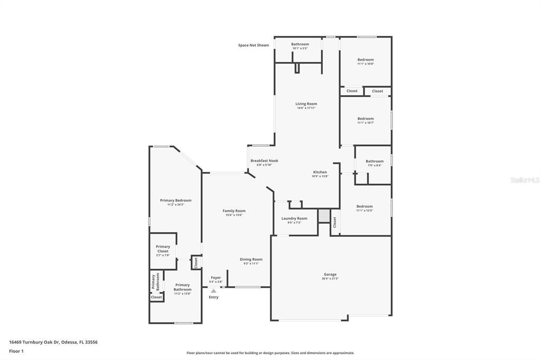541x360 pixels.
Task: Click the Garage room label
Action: coord(330,274)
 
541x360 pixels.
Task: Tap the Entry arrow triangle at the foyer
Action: coord(213,291)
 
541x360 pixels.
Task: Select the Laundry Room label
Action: coord(294,218)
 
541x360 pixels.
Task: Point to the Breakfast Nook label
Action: coord(264,160)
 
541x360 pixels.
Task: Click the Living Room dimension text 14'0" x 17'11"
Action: coord(306,108)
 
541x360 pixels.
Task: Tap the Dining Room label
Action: coord(251,259)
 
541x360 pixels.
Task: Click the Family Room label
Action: coord(234,211)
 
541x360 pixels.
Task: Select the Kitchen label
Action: coord(320,172)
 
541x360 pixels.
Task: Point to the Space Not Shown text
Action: coord(254,45)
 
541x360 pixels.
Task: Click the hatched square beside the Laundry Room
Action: coord(323,216)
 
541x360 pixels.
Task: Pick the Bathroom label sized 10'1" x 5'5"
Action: coord(300,44)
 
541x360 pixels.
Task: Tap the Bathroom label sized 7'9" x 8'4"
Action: coord(375,161)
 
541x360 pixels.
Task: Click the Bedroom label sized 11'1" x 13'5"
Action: coord(365,206)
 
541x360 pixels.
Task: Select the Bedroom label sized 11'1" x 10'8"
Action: coord(366,60)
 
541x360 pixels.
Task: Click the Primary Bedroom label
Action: coord(175,200)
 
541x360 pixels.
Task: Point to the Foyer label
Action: coord(216,277)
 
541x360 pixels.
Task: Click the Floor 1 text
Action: coord(16,351)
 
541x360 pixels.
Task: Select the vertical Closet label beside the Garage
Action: coord(334,222)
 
